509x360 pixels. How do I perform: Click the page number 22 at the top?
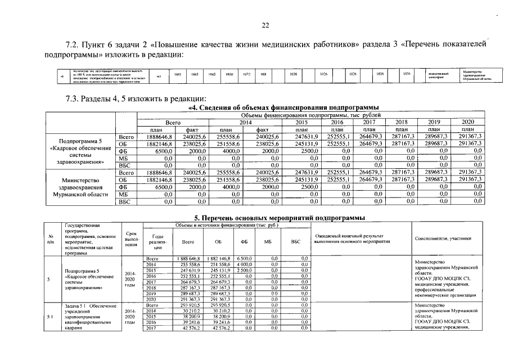click(x=266, y=25)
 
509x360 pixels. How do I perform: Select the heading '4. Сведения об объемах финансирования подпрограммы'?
click(x=282, y=107)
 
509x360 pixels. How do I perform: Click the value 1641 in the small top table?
click(x=178, y=74)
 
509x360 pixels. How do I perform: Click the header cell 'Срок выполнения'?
click(x=131, y=241)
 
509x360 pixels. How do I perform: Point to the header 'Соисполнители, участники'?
click(x=443, y=238)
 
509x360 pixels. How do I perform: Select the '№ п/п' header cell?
click(x=52, y=241)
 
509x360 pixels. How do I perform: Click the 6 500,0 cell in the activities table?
click(x=244, y=258)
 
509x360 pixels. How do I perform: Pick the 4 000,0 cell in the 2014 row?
click(x=244, y=264)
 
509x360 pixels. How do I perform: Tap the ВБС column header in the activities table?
click(x=296, y=241)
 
